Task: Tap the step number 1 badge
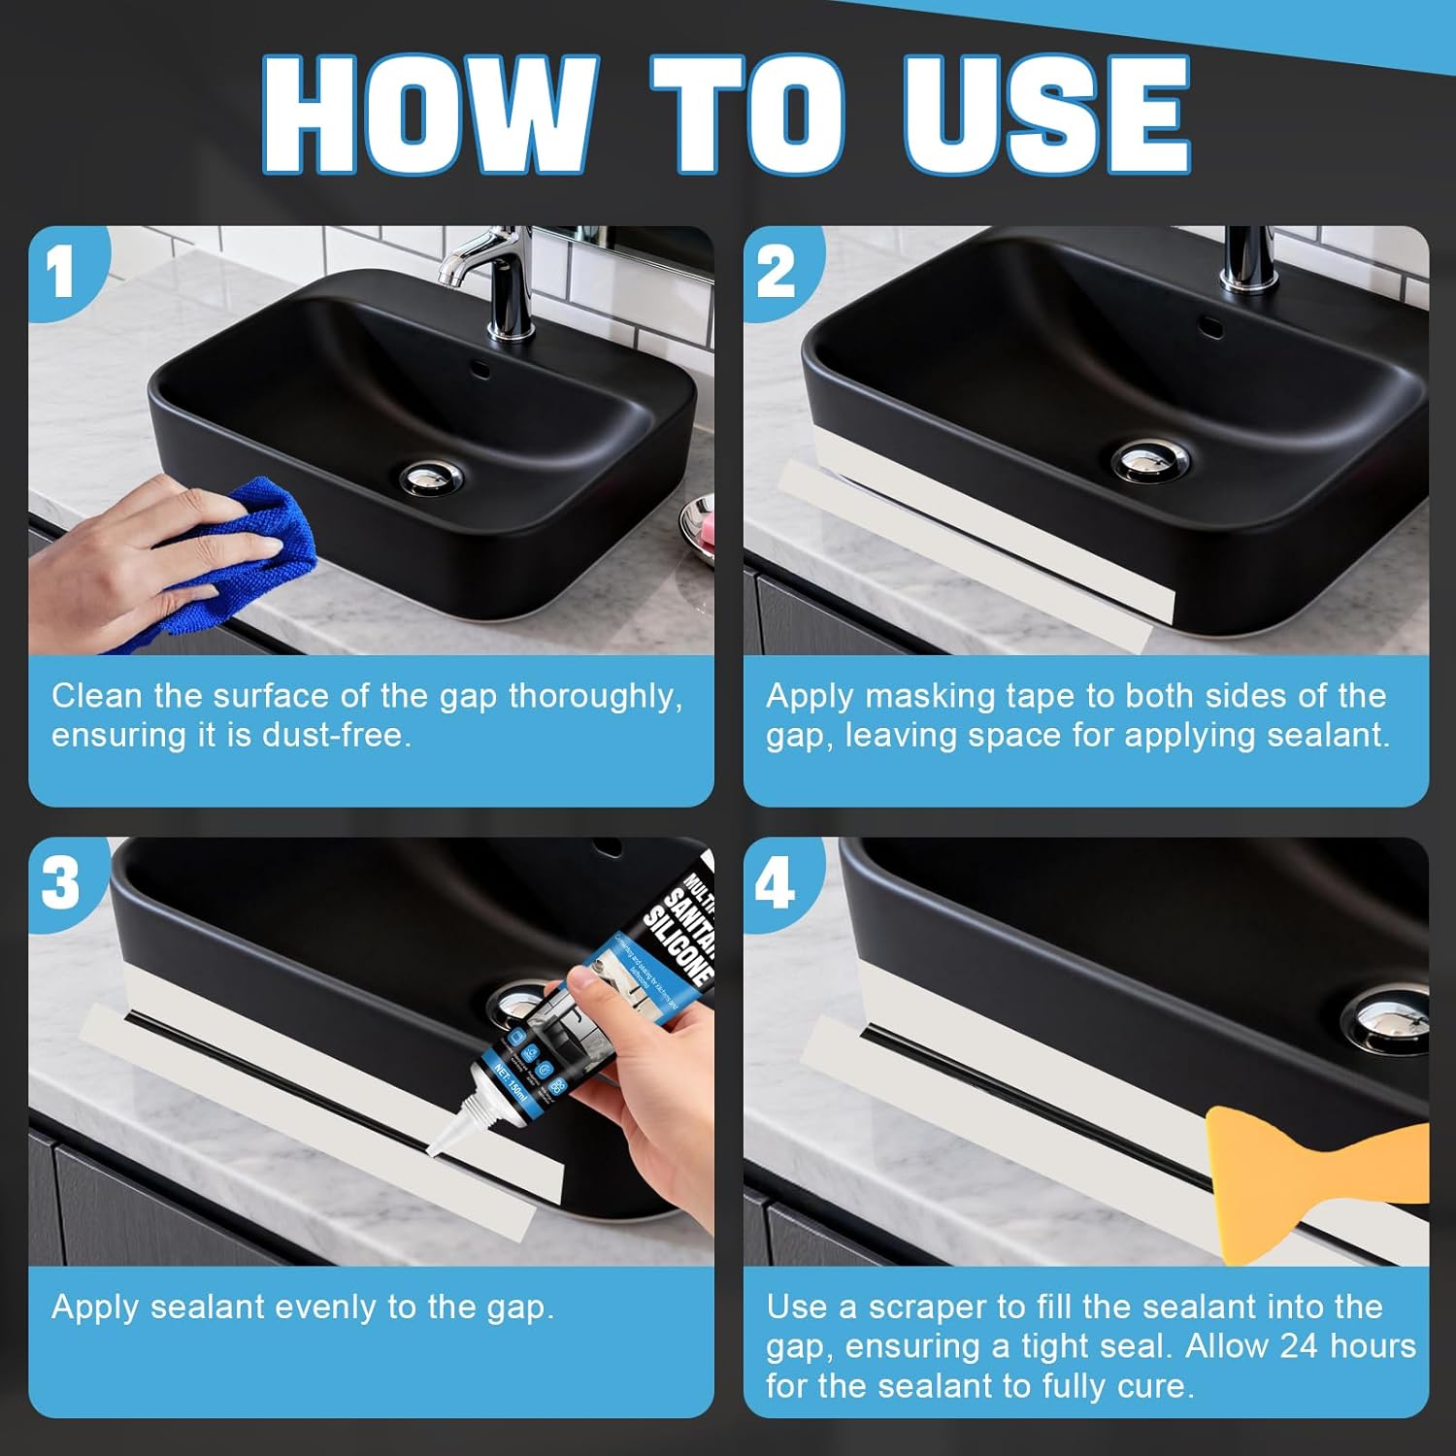pos(61,273)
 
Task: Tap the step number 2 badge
pos(777,273)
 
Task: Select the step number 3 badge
pos(61,883)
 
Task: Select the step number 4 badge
pos(777,883)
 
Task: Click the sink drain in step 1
pos(431,477)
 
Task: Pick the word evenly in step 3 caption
pos(326,1307)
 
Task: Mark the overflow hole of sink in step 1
pos(477,368)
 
